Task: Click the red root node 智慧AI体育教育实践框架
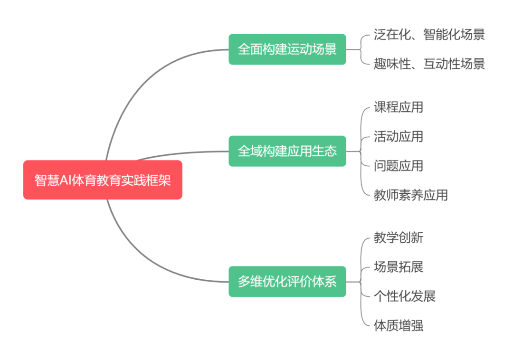(x=103, y=180)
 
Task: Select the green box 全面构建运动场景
(x=287, y=49)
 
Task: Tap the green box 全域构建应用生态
(x=287, y=151)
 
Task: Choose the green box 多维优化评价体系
(x=287, y=282)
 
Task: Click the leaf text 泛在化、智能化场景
(x=429, y=35)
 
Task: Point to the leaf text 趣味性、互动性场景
(x=429, y=64)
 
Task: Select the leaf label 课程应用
(x=398, y=107)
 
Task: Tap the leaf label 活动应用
(x=398, y=137)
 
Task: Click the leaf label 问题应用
(x=398, y=166)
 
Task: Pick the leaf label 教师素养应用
(x=410, y=195)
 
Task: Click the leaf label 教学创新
(x=398, y=238)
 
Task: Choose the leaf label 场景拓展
(x=398, y=267)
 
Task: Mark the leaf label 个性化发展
(x=404, y=296)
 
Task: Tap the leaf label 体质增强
(x=398, y=326)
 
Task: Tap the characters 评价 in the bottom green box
(x=299, y=282)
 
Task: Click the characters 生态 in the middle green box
(x=324, y=151)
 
